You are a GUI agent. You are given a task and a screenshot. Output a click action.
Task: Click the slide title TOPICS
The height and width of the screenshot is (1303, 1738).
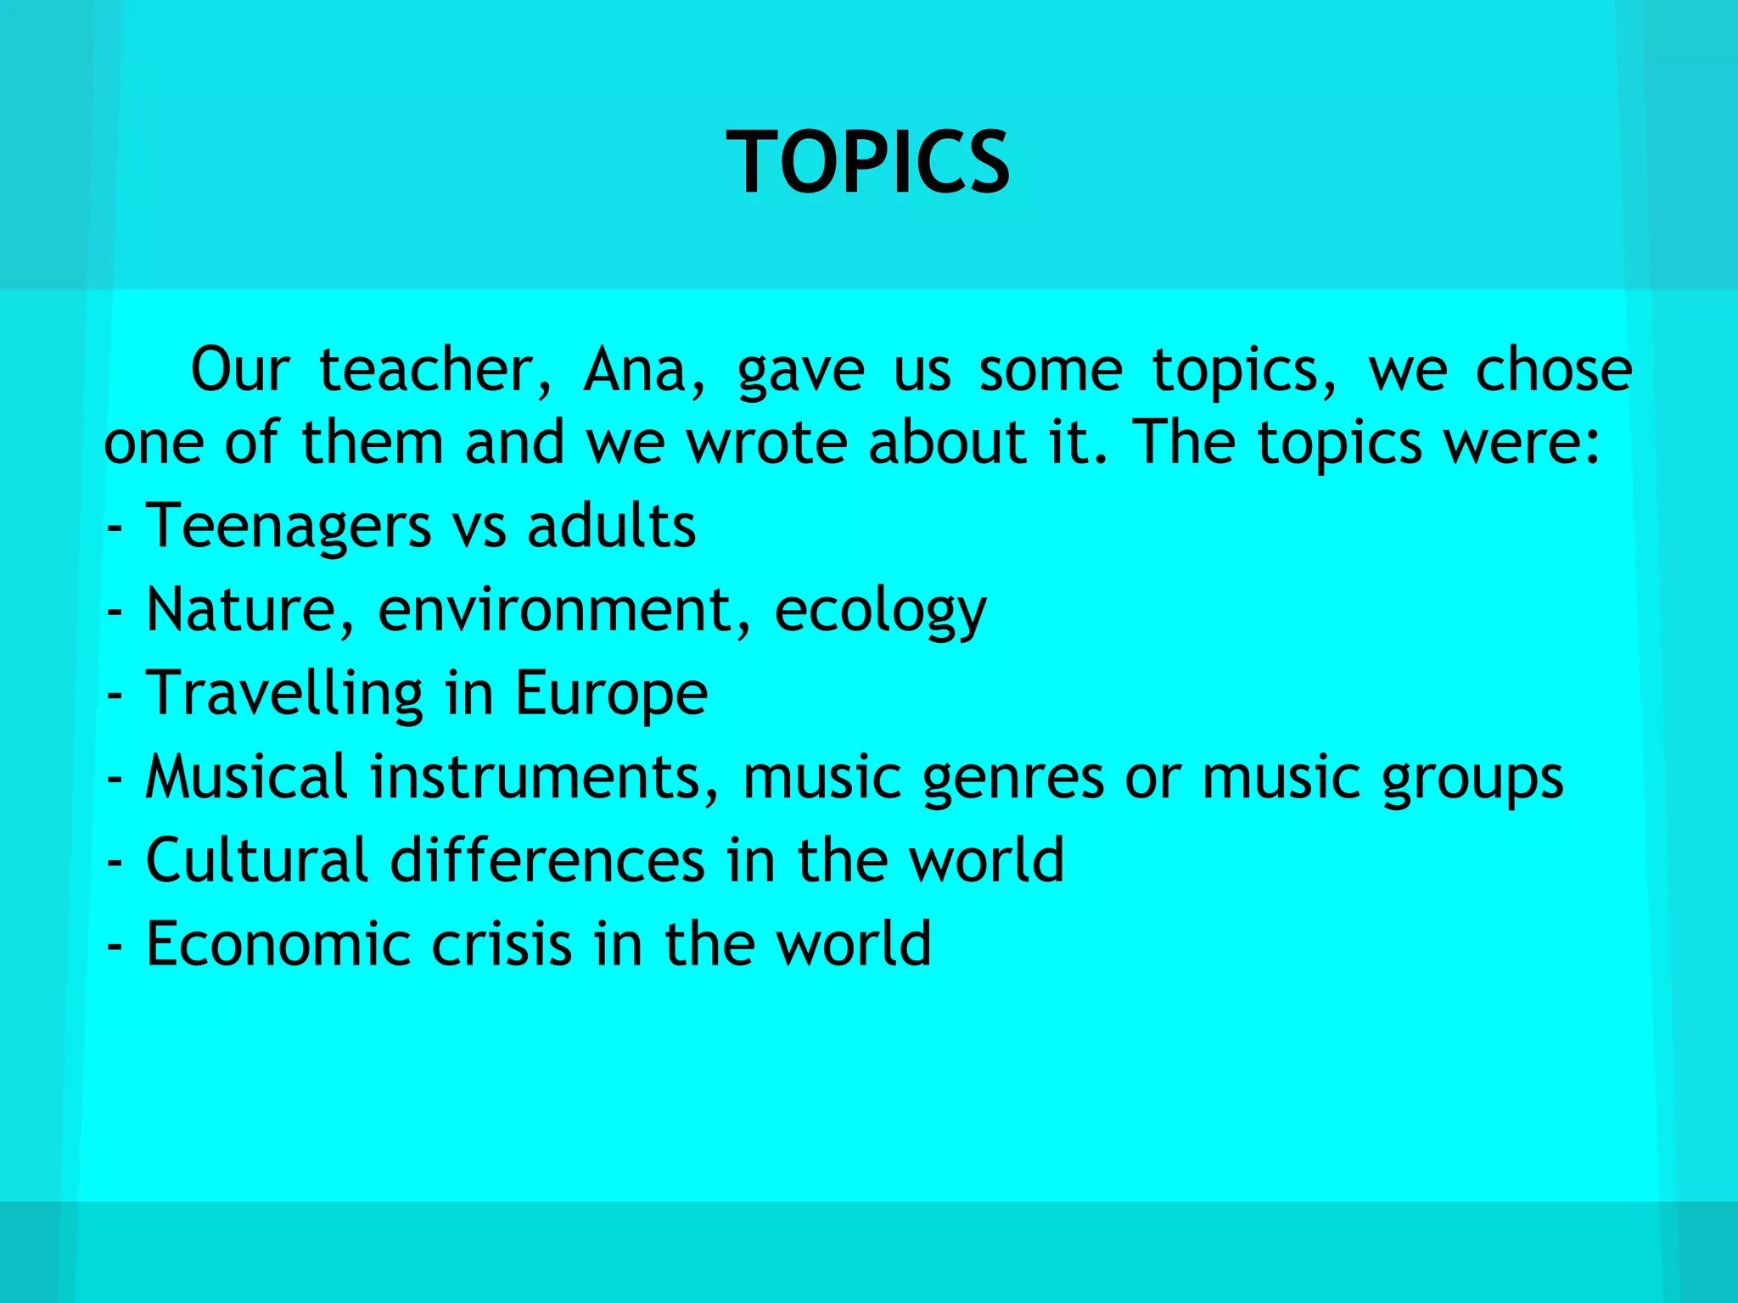coord(868,161)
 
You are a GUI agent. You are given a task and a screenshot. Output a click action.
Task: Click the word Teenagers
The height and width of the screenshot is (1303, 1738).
coord(289,526)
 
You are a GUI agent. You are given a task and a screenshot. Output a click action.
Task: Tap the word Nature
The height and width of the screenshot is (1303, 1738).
coord(243,609)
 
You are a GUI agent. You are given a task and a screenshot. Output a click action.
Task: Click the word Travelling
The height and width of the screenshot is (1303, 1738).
coord(284,694)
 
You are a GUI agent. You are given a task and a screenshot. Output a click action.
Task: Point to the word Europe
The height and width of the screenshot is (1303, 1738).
coord(611,694)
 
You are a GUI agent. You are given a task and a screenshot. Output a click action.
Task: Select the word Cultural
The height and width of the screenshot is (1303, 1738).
coord(256,859)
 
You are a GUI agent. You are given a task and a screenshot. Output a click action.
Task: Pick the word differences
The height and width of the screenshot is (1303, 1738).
coord(547,859)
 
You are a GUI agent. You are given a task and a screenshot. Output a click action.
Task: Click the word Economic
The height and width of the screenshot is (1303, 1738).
coord(278,942)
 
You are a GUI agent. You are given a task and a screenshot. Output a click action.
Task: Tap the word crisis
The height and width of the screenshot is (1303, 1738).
coord(502,942)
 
